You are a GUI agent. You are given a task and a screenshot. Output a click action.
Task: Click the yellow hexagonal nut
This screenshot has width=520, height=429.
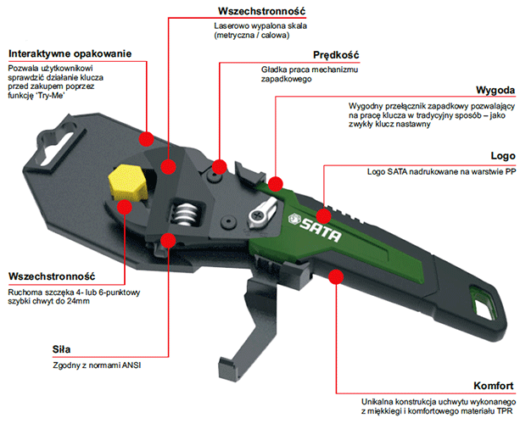pyautogui.click(x=128, y=183)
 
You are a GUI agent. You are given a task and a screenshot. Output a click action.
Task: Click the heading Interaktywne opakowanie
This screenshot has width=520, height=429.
pyautogui.click(x=70, y=53)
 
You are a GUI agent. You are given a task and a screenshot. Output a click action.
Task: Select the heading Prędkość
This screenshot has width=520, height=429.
pyautogui.click(x=336, y=55)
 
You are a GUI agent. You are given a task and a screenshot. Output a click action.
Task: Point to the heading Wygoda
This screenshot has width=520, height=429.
pyautogui.click(x=495, y=90)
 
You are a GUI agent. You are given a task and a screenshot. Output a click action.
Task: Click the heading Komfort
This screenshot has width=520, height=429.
pyautogui.click(x=494, y=386)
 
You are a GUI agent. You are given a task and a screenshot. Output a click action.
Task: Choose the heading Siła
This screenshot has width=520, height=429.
pyautogui.click(x=61, y=349)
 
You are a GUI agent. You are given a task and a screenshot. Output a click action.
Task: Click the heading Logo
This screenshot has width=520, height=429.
pyautogui.click(x=503, y=156)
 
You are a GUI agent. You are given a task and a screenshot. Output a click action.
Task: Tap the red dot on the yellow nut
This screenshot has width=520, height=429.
pyautogui.click(x=125, y=207)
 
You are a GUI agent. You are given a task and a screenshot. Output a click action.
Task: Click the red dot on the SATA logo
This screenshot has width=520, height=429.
pyautogui.click(x=323, y=216)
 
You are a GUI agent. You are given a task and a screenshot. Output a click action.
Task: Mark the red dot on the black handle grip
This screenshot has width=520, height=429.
pyautogui.click(x=336, y=276)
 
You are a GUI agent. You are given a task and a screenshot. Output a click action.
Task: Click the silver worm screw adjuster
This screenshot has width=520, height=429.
pyautogui.click(x=185, y=214)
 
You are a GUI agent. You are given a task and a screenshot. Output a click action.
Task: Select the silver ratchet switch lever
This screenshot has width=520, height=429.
pyautogui.click(x=262, y=213)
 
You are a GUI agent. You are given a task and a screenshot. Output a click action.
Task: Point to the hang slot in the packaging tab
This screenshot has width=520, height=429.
pyautogui.click(x=57, y=144)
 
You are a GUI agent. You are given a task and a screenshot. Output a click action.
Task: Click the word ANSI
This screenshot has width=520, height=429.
pyautogui.click(x=131, y=365)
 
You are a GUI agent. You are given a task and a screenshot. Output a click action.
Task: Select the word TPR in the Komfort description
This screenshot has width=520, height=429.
pyautogui.click(x=505, y=411)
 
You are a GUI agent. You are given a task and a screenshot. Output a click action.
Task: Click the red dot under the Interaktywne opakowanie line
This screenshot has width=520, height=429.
pyautogui.click(x=146, y=139)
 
